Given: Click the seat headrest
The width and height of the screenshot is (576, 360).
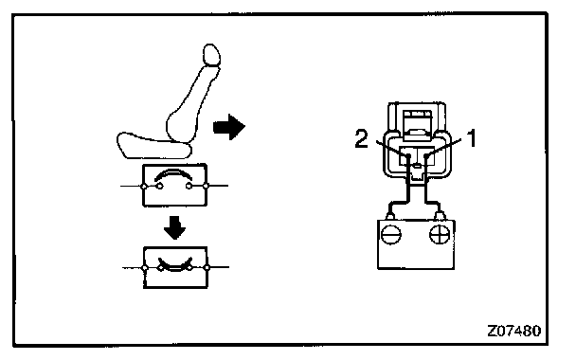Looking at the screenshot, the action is pyautogui.click(x=211, y=55).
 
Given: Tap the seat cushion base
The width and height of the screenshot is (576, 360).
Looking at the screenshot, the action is pyautogui.click(x=154, y=146).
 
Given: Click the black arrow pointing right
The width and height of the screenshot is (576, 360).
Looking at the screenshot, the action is pyautogui.click(x=229, y=127).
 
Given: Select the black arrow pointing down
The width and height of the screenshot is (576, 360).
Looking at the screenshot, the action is pyautogui.click(x=174, y=227).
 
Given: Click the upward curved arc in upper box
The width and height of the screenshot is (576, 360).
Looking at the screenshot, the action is pyautogui.click(x=173, y=173).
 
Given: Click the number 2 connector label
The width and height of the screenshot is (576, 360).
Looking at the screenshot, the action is pyautogui.click(x=362, y=139).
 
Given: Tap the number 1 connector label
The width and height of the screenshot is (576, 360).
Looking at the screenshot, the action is pyautogui.click(x=471, y=138).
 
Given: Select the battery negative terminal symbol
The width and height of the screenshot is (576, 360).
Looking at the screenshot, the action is pyautogui.click(x=391, y=234).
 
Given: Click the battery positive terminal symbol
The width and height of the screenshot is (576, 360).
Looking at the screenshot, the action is pyautogui.click(x=440, y=234).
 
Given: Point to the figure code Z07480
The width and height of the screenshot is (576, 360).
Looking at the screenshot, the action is pyautogui.click(x=513, y=331).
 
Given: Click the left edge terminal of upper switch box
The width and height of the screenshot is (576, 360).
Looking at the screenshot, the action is pyautogui.click(x=144, y=187).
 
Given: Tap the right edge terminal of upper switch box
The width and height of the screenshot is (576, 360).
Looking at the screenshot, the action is pyautogui.click(x=206, y=186).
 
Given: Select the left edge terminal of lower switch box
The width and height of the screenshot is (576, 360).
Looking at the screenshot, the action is pyautogui.click(x=144, y=268).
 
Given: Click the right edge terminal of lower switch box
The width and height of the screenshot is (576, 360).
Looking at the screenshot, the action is pyautogui.click(x=207, y=267).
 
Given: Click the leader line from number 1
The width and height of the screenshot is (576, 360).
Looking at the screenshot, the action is pyautogui.click(x=443, y=148).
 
